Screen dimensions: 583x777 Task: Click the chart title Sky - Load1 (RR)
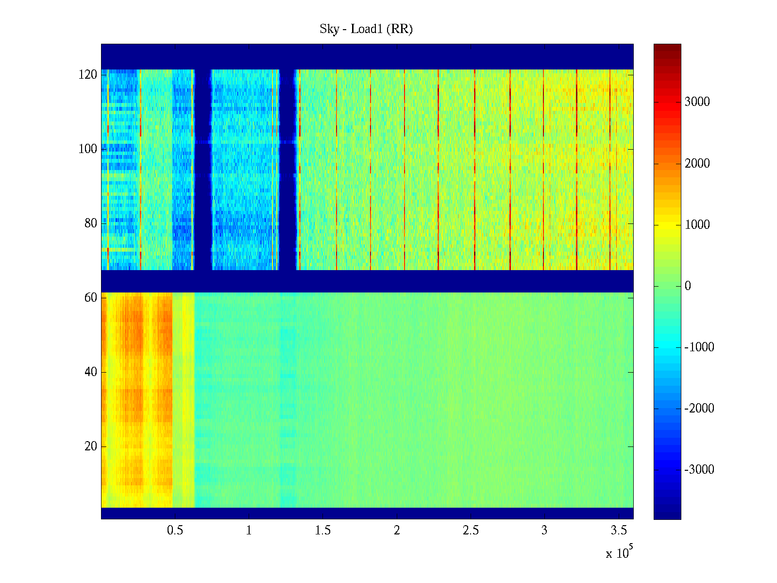(366, 29)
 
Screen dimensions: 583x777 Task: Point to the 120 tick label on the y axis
(88, 75)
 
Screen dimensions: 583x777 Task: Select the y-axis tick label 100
(88, 149)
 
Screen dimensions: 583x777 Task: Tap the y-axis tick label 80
(91, 223)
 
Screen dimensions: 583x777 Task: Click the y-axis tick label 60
(91, 298)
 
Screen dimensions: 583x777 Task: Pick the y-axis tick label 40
(91, 372)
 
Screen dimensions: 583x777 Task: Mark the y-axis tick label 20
(91, 446)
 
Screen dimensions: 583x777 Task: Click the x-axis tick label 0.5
(175, 531)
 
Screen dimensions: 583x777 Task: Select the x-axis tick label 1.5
(323, 531)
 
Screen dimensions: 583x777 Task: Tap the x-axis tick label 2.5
(471, 531)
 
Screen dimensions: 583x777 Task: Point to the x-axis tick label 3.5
(618, 531)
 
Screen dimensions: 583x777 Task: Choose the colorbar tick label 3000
(697, 102)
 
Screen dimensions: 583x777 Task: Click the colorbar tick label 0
(688, 286)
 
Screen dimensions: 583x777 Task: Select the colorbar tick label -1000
(699, 347)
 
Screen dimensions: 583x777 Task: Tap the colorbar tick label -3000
(699, 470)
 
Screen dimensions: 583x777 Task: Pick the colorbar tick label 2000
(697, 163)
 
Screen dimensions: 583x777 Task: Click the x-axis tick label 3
(544, 531)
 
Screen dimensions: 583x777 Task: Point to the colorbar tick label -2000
(699, 409)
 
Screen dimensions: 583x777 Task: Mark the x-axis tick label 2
(397, 531)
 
